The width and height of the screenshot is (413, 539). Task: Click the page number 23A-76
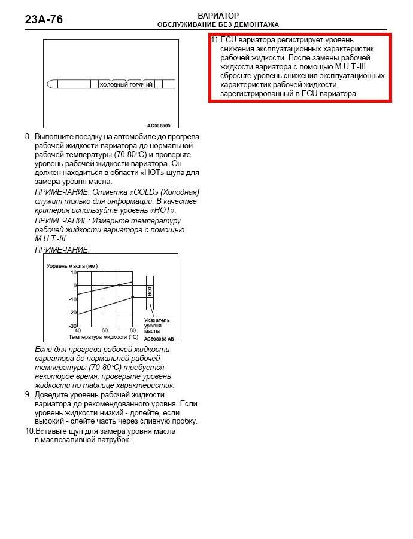click(x=44, y=20)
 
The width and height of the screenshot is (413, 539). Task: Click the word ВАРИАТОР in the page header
click(x=218, y=16)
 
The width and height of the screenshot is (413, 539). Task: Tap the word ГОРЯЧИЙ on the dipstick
click(x=141, y=85)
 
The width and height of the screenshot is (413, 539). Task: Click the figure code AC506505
click(x=159, y=125)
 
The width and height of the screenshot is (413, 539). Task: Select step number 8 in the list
click(x=28, y=137)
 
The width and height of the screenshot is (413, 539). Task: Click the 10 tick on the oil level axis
click(x=74, y=272)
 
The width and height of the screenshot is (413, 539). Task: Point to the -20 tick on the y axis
click(x=72, y=313)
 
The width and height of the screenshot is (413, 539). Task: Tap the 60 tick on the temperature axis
click(x=105, y=330)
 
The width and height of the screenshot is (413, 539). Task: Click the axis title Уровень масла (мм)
click(x=72, y=265)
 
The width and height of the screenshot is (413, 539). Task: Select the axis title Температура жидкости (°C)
click(x=103, y=337)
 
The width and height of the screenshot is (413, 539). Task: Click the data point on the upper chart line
click(x=119, y=285)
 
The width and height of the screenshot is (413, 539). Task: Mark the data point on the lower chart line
click(x=132, y=297)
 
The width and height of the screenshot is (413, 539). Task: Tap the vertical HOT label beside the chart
click(x=150, y=291)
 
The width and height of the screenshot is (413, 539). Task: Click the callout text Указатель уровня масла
click(x=156, y=325)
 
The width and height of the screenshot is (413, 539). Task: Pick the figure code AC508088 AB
click(x=159, y=338)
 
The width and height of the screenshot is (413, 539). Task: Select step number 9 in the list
click(x=28, y=395)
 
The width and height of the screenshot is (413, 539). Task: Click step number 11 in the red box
click(x=215, y=40)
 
